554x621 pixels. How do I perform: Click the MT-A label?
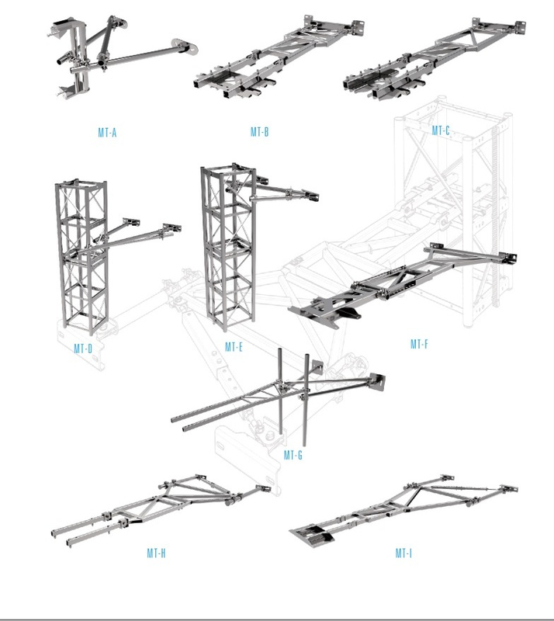point(107,133)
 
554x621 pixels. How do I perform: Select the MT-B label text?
point(259,133)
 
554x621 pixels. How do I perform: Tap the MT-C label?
point(441,130)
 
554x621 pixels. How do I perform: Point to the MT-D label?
point(83,349)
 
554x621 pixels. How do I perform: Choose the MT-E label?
point(234,346)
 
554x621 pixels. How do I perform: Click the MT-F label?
point(419,343)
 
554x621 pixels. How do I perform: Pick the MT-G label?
point(293,455)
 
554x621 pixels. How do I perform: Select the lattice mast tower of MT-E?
point(222,248)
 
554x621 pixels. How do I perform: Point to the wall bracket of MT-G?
point(379,381)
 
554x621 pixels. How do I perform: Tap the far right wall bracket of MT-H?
point(264,491)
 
